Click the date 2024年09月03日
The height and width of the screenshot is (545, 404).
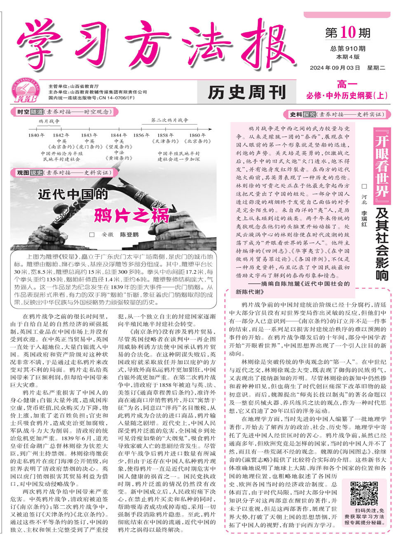335,68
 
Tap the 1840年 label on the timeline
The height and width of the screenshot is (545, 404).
36,135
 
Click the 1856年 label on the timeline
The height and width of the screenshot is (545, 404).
141,135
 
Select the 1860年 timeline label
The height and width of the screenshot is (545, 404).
197,135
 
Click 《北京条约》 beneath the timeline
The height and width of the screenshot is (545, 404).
197,141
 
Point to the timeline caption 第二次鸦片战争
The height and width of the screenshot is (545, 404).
169,120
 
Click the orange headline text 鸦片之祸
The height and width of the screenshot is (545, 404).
132,215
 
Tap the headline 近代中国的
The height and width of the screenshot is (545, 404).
73,194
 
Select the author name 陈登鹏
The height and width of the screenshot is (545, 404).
129,234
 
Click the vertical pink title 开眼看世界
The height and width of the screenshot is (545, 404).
381,167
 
